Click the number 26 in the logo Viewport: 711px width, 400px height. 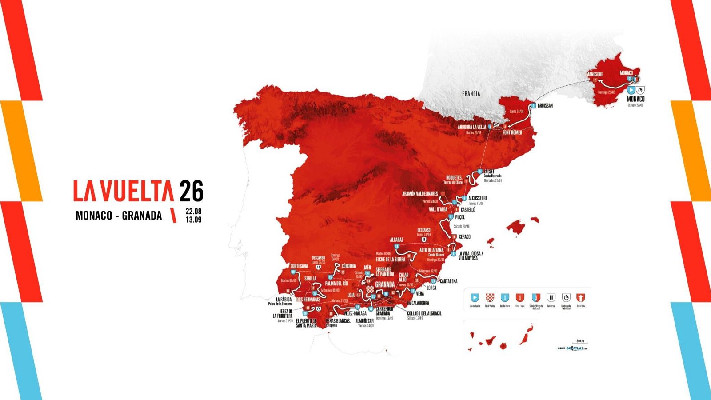pyautogui.click(x=191, y=191)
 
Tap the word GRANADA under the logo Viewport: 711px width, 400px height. pyautogui.click(x=142, y=216)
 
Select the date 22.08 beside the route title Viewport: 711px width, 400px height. pyautogui.click(x=193, y=212)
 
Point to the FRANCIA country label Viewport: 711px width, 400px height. pyautogui.click(x=471, y=94)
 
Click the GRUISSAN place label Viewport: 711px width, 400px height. pyautogui.click(x=545, y=106)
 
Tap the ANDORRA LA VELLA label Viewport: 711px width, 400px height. pyautogui.click(x=472, y=127)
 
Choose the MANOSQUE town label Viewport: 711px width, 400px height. pyautogui.click(x=595, y=74)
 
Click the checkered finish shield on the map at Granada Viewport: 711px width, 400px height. pyautogui.click(x=371, y=290)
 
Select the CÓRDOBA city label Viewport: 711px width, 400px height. pyautogui.click(x=348, y=266)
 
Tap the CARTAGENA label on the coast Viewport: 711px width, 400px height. pyautogui.click(x=448, y=281)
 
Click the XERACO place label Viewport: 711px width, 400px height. pyautogui.click(x=464, y=237)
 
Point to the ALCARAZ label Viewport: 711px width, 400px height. pyautogui.click(x=396, y=240)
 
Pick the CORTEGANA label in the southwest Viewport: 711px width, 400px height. pyautogui.click(x=299, y=266)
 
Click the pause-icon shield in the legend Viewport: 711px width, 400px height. pyautogui.click(x=551, y=297)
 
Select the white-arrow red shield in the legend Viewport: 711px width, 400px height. pyautogui.click(x=581, y=297)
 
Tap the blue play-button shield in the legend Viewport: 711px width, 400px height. pyautogui.click(x=475, y=297)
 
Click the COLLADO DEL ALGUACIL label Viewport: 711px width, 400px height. pyautogui.click(x=424, y=313)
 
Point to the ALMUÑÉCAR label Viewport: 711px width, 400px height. pyautogui.click(x=364, y=320)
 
